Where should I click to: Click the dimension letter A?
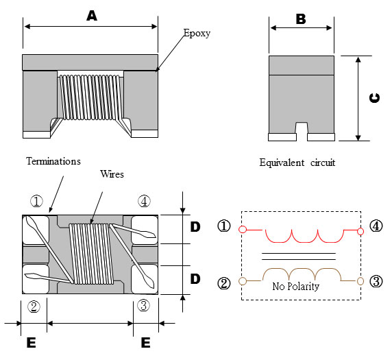pos(92,16)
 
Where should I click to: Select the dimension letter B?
pos(300,19)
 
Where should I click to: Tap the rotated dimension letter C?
pos(374,97)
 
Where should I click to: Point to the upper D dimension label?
pos(195,227)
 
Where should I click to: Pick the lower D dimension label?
pos(195,280)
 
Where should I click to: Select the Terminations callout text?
pos(53,161)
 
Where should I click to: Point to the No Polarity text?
pos(295,287)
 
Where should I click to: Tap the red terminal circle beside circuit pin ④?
pos(360,230)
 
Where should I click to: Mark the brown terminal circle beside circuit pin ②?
pos(241,280)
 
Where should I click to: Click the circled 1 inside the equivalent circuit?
pos(225,226)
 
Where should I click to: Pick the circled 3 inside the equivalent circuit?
pos(376,281)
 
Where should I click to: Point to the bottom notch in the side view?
pos(301,128)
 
